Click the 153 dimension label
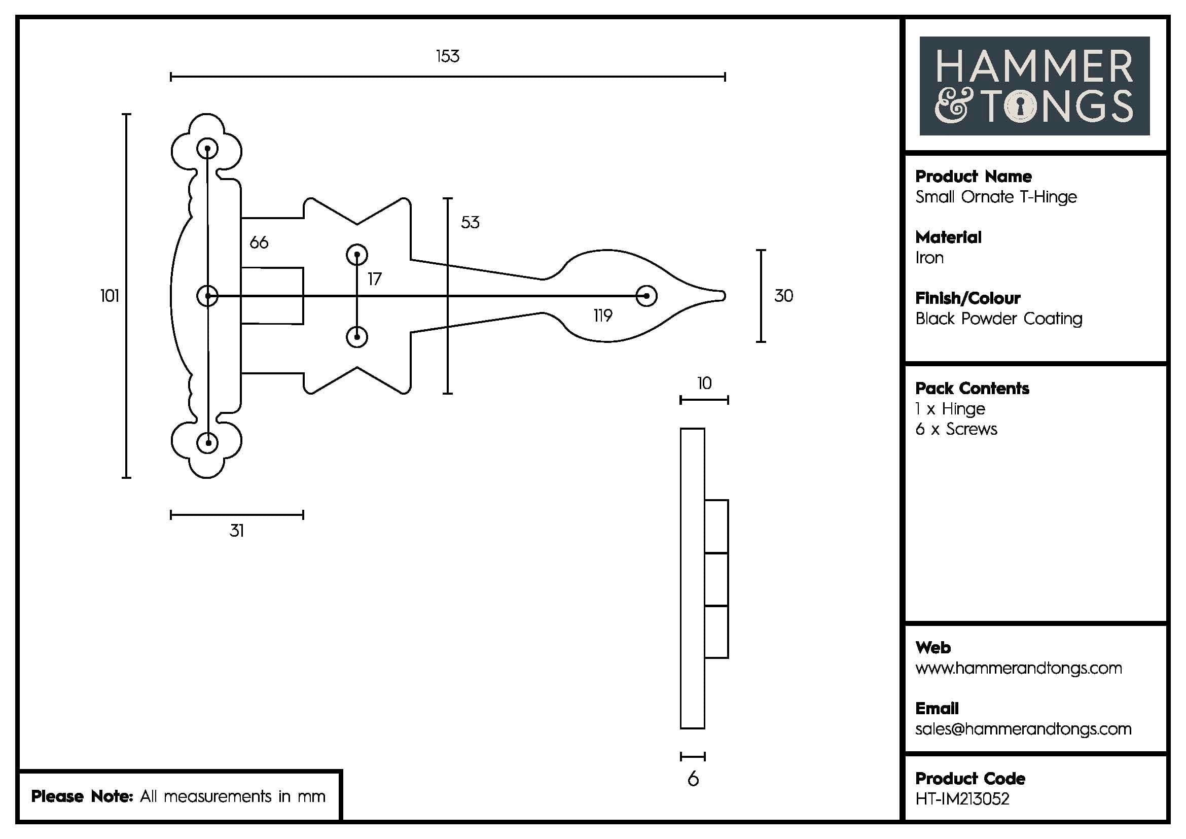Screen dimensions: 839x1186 [x=447, y=56]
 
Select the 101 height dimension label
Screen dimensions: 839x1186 [x=110, y=296]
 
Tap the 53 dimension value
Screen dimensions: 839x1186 [x=470, y=223]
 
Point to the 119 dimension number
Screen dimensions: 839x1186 [x=603, y=316]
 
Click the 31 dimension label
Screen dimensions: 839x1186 [x=237, y=531]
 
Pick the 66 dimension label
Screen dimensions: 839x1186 [x=259, y=242]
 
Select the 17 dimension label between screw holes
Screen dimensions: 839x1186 [x=375, y=279]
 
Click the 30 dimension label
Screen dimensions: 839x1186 [x=783, y=296]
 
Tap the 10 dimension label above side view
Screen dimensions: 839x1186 [x=704, y=383]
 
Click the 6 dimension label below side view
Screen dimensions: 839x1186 [x=693, y=779]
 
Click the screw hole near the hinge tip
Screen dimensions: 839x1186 [x=646, y=296]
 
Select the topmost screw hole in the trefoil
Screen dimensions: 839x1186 [x=208, y=149]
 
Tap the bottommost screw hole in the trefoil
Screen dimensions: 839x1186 [x=208, y=443]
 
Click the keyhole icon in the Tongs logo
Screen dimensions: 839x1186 [x=1020, y=107]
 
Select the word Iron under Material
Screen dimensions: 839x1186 [x=929, y=258]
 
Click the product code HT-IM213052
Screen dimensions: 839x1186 [x=962, y=799]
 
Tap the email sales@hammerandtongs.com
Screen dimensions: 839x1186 [x=1023, y=729]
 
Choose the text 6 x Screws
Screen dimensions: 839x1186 [x=956, y=429]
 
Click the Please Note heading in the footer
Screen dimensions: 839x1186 [x=83, y=796]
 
